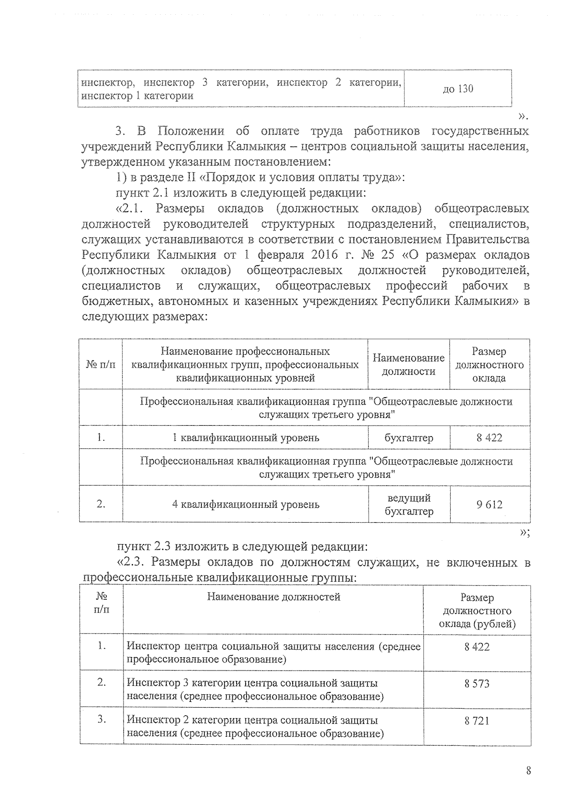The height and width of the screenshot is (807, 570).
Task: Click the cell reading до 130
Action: pos(458,89)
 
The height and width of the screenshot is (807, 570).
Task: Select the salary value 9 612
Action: pos(489,505)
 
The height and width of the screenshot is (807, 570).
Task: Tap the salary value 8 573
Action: pos(477,684)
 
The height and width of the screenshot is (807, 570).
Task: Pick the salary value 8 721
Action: pos(477,721)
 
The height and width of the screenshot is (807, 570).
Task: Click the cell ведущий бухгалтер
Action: pos(408,505)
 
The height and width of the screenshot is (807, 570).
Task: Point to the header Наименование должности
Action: pos(408,365)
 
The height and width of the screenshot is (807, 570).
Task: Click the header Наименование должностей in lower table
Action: pos(274,597)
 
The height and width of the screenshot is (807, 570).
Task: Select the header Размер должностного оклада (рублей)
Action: pos(477,611)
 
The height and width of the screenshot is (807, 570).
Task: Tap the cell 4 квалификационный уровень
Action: pos(246,505)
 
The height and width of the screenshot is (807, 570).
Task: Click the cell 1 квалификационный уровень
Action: pos(246,438)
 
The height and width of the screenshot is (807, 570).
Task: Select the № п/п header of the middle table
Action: pos(101,365)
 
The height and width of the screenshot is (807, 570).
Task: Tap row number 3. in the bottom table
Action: pos(101,719)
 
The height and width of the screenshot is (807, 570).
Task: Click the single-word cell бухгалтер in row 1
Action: pos(408,438)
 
